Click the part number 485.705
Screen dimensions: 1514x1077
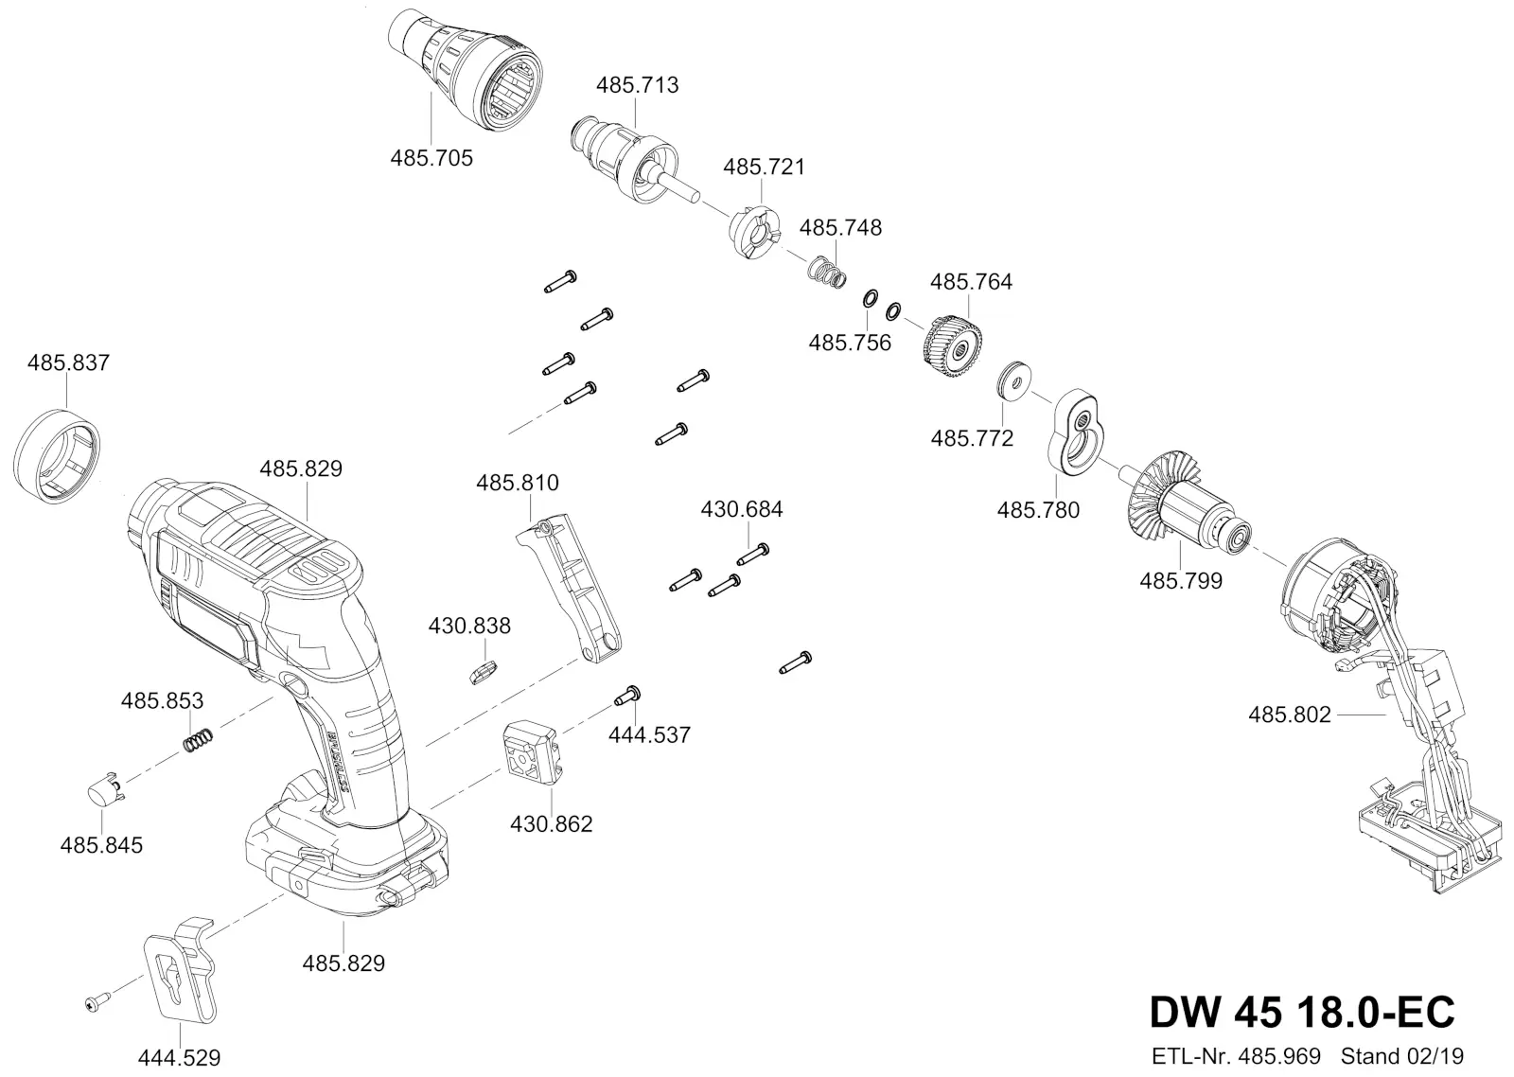(x=431, y=158)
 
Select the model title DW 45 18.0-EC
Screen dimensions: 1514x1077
(x=1302, y=1012)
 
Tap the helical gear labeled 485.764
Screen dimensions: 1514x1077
(x=952, y=347)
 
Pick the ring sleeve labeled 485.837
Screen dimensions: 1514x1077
(x=57, y=456)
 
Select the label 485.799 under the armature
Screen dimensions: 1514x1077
(x=1181, y=581)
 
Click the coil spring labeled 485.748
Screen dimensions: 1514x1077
(x=827, y=273)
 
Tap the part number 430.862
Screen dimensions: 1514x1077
(x=551, y=824)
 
